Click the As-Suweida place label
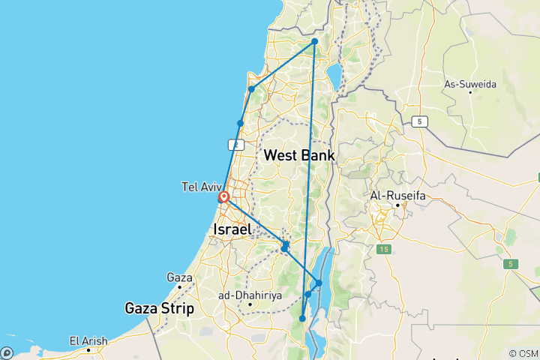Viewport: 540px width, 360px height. click(470, 85)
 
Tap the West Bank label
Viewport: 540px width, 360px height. click(299, 155)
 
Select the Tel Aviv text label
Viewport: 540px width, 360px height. click(200, 186)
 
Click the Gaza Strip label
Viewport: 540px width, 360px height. click(159, 307)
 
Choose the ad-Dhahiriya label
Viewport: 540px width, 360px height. click(250, 295)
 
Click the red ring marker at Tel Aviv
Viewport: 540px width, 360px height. click(223, 199)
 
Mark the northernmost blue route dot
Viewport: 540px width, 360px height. click(315, 41)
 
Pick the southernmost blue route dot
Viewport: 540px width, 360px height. click(303, 319)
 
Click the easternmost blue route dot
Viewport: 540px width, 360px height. click(319, 283)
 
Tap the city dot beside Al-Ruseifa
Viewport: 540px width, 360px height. click(397, 205)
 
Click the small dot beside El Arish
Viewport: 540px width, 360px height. click(106, 340)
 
